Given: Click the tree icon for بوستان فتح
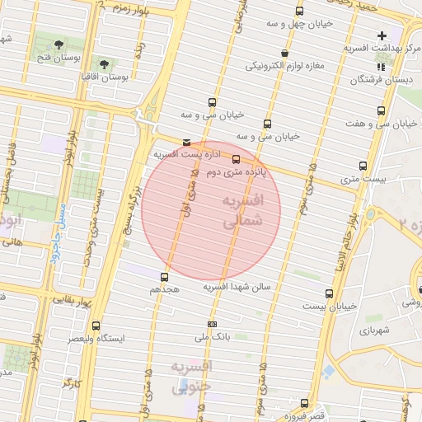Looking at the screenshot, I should click(59, 44).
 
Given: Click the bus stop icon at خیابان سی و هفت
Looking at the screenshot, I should click(381, 110).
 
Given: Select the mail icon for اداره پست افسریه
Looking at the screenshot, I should click(186, 143).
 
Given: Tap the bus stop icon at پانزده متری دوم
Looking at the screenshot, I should click(237, 159).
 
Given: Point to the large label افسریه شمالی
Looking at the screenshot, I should click(242, 211).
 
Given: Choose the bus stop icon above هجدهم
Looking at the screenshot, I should click(165, 276).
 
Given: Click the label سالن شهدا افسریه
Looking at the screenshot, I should click(242, 287).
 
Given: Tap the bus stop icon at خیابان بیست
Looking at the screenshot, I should click(330, 293).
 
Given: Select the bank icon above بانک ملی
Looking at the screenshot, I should click(212, 324).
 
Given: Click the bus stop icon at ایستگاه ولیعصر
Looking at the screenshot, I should click(96, 326).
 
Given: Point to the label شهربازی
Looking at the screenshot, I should click(372, 330).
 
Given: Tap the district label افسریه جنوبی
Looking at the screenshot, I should click(191, 376).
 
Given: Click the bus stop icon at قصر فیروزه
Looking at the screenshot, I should click(304, 403).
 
